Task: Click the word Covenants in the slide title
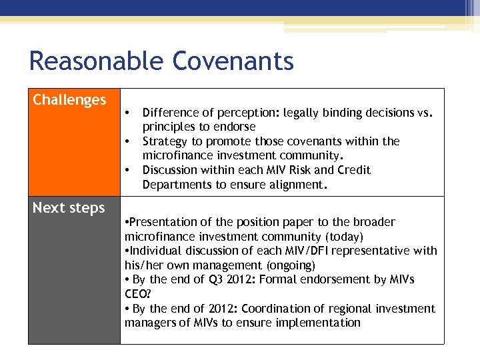coord(233,61)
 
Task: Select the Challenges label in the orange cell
coord(69,100)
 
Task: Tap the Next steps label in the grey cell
coord(69,208)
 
